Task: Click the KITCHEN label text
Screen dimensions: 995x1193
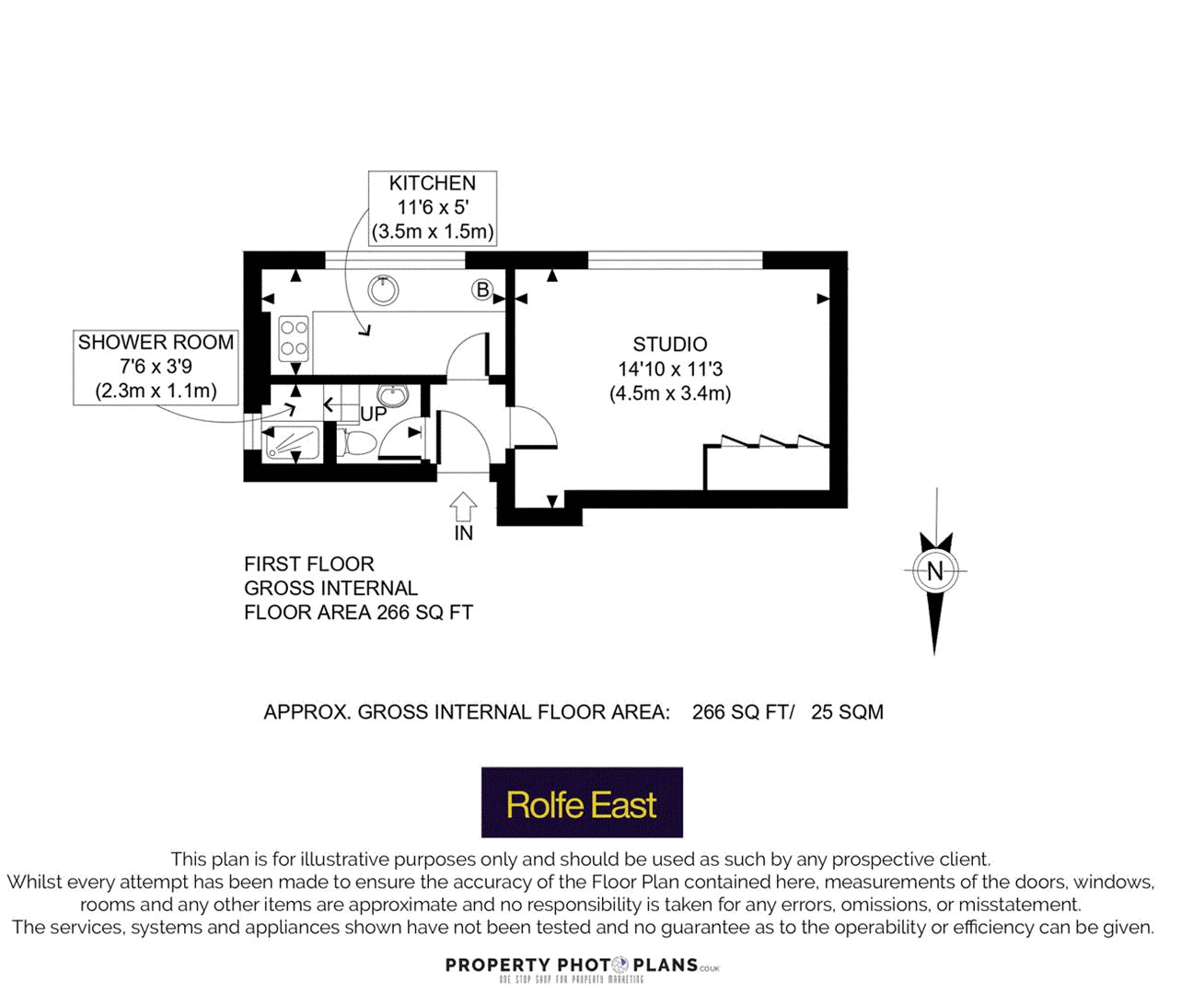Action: pyautogui.click(x=432, y=183)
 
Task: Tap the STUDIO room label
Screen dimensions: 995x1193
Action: pyautogui.click(x=669, y=345)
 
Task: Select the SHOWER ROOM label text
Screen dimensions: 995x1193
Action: pyautogui.click(x=156, y=343)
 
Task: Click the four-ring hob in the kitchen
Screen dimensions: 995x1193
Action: pyautogui.click(x=294, y=337)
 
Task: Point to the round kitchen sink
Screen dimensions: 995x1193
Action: pyautogui.click(x=383, y=290)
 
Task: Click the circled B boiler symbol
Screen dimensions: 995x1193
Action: pyautogui.click(x=482, y=290)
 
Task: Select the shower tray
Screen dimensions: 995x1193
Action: pyautogui.click(x=292, y=443)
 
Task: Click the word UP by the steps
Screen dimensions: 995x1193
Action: pyautogui.click(x=373, y=415)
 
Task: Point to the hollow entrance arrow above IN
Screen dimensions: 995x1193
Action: pyautogui.click(x=463, y=507)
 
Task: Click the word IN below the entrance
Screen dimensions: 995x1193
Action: pyautogui.click(x=463, y=533)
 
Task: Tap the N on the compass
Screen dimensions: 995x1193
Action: pyautogui.click(x=935, y=571)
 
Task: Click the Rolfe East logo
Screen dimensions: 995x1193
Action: pyautogui.click(x=582, y=802)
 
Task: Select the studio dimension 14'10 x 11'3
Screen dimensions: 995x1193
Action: pyautogui.click(x=669, y=369)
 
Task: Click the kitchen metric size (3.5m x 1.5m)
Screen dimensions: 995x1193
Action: pyautogui.click(x=432, y=231)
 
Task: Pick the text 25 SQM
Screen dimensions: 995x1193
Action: pyautogui.click(x=847, y=712)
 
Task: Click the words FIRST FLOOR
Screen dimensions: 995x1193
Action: pyautogui.click(x=308, y=564)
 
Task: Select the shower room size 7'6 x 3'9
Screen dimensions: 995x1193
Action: pyautogui.click(x=156, y=367)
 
